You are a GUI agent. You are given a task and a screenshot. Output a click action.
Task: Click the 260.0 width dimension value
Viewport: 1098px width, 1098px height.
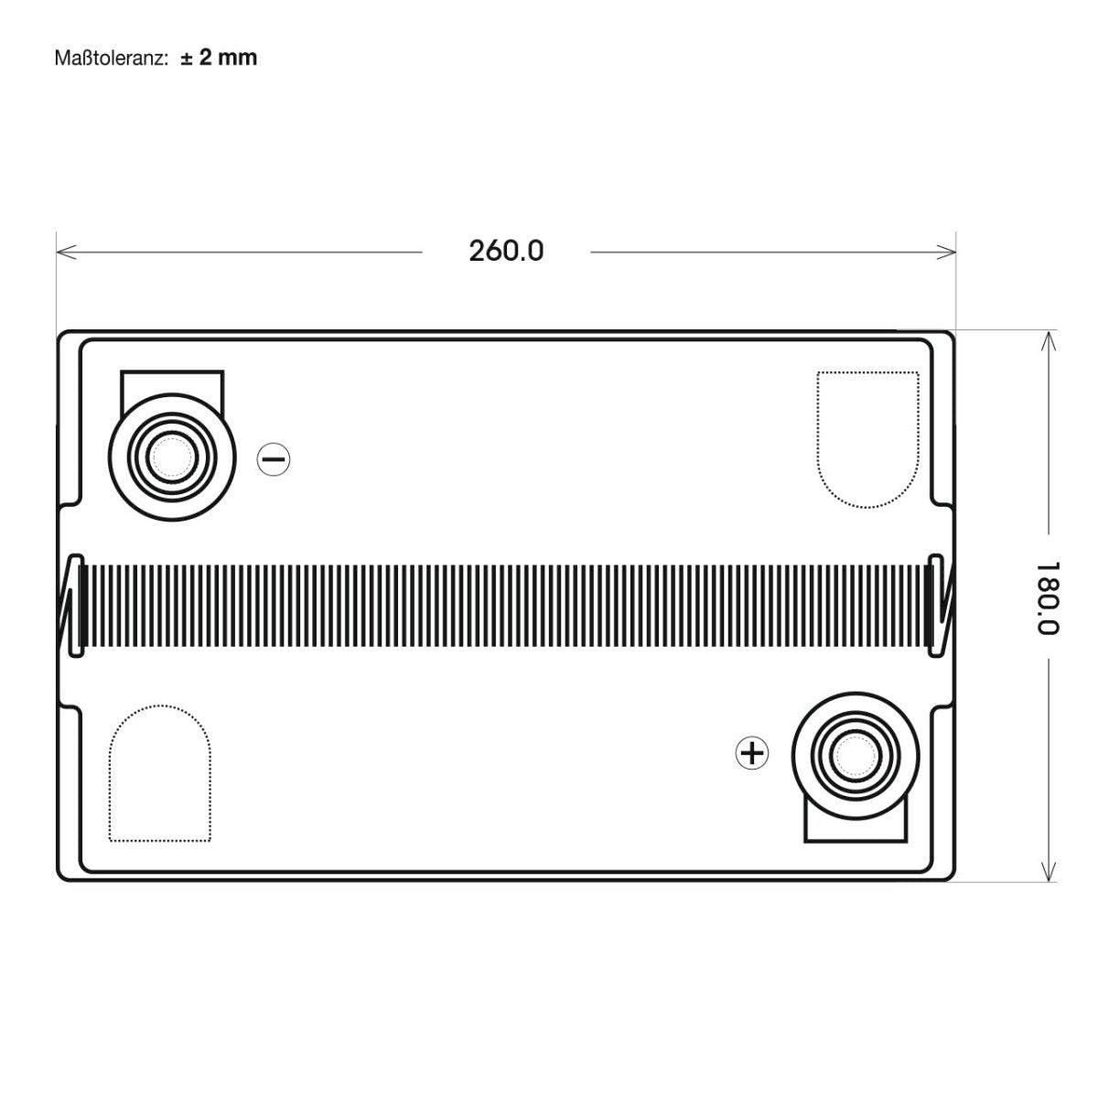[x=506, y=251]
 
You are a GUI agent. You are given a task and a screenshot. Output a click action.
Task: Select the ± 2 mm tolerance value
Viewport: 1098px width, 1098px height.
[x=219, y=58]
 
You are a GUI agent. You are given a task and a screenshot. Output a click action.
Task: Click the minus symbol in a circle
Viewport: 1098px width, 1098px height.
[x=274, y=458]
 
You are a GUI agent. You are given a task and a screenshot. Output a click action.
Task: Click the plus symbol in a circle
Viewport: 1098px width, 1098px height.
[x=752, y=753]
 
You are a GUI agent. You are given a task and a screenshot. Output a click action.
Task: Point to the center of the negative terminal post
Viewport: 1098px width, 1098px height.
[x=171, y=455]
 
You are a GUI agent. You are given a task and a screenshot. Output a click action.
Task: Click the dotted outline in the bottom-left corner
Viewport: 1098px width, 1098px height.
[x=160, y=773]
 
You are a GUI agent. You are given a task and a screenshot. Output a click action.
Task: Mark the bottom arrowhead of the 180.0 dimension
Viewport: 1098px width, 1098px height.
[x=1049, y=876]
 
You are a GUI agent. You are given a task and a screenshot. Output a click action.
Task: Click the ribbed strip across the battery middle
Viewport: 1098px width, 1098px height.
[x=506, y=607]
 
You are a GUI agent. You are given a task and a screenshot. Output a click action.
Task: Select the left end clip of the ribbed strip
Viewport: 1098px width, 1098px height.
[x=70, y=606]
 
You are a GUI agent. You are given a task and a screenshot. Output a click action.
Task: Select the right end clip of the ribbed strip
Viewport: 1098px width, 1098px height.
[x=939, y=606]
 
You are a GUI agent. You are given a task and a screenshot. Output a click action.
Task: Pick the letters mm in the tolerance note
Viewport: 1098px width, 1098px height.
[x=241, y=58]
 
